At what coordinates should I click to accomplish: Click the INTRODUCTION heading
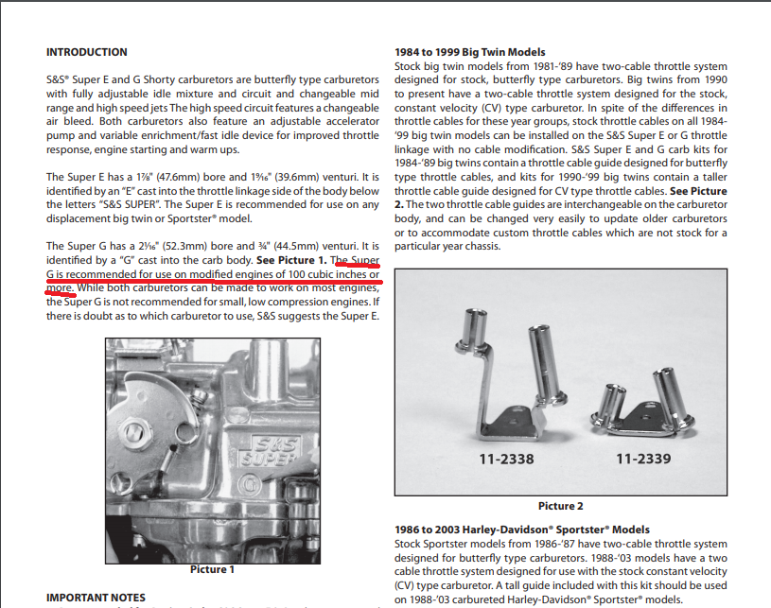86,52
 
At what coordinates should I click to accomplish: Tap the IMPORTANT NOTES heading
96,598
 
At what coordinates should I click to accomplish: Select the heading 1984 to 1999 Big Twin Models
470,52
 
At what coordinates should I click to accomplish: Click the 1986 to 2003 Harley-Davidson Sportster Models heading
521,530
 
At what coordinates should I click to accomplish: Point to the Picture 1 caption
213,569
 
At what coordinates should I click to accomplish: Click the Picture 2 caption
561,506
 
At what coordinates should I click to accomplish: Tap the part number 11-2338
506,459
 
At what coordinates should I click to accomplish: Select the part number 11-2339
643,459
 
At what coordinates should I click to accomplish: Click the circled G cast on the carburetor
250,485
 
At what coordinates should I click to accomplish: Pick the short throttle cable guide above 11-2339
641,402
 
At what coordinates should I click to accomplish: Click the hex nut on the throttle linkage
133,432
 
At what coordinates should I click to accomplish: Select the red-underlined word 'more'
59,288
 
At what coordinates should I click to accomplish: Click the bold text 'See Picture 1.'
291,260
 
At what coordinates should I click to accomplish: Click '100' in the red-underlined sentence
296,274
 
